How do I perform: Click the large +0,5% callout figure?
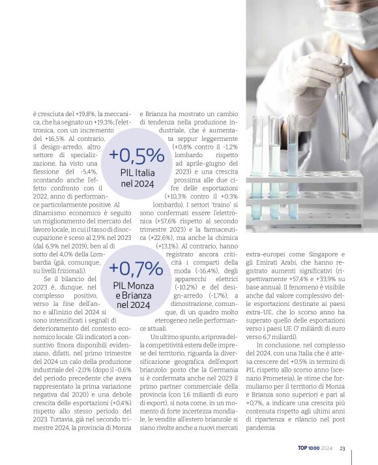[136, 155]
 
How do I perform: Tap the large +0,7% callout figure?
[136, 268]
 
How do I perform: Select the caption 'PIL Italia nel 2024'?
[137, 178]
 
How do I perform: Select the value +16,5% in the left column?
[44, 139]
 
